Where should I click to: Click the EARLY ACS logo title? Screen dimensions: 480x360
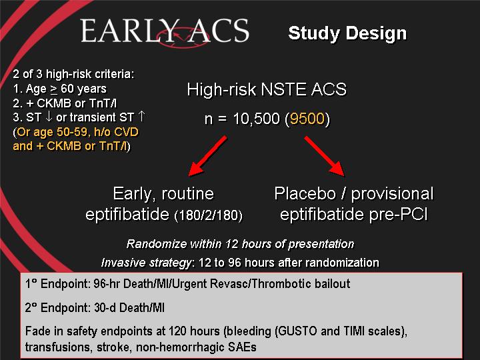point(165,31)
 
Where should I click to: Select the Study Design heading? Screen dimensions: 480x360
point(347,33)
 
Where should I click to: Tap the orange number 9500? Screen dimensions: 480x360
point(307,119)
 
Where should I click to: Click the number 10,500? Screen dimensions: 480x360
point(257,119)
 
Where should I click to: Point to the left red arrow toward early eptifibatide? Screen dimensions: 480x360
point(207,156)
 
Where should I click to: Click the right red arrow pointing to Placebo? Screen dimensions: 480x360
point(325,156)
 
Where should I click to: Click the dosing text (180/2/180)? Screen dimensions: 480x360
point(208,215)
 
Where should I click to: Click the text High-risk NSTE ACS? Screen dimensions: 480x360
point(267,89)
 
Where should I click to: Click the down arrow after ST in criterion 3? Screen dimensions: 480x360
point(49,117)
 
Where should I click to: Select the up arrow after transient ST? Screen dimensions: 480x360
point(141,117)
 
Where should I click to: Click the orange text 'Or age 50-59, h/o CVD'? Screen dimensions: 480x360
point(77,132)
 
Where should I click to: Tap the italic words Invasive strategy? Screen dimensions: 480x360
point(146,263)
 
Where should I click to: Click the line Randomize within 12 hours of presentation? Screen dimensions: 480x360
point(240,244)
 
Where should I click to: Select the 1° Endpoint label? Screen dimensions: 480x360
point(57,284)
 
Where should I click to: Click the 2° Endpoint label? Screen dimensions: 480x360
point(57,307)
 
